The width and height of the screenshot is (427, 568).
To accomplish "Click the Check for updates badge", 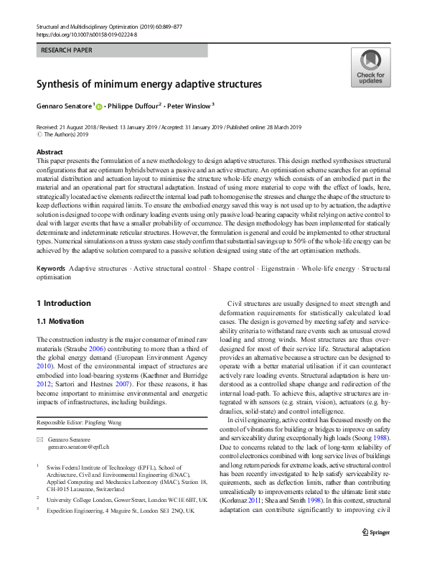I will [x=370, y=67].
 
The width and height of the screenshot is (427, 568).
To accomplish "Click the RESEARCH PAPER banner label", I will [x=67, y=51].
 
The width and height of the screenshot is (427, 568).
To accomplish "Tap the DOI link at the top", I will [x=87, y=34].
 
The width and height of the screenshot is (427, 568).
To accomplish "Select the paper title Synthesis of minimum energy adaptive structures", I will [x=149, y=84].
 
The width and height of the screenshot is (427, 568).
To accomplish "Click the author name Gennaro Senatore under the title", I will [x=63, y=106].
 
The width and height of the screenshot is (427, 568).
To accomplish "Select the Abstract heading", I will [x=50, y=152].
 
